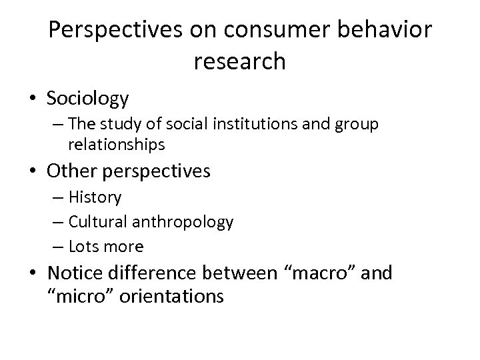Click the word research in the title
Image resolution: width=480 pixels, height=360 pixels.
(240, 61)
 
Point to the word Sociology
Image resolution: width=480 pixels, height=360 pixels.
(88, 99)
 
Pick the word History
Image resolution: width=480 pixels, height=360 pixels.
(95, 197)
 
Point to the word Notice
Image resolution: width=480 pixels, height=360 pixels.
(77, 273)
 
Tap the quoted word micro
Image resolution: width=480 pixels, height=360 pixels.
(80, 295)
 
